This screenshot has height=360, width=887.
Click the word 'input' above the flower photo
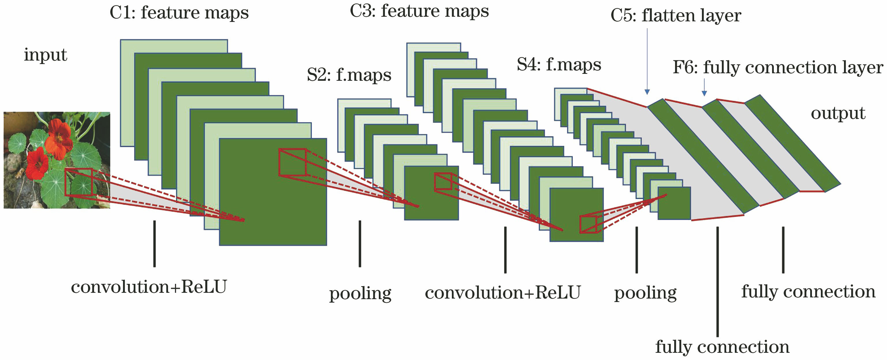point(45,55)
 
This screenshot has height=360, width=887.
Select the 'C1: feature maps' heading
point(179,13)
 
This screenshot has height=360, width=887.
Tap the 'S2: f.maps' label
point(349,75)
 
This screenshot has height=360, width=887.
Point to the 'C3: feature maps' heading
point(419,11)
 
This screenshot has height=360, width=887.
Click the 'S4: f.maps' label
point(559,65)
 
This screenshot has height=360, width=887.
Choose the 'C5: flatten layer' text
point(676,16)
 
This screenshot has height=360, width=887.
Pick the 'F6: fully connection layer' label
point(778,67)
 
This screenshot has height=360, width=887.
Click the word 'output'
point(838,114)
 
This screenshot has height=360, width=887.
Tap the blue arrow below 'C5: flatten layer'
point(647,62)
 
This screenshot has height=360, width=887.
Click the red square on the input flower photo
point(79,182)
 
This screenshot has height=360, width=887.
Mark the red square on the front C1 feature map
point(292,162)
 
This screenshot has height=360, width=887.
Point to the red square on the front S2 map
point(443,181)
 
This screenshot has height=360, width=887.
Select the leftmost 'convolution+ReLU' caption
point(149,287)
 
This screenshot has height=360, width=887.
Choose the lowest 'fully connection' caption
point(722,347)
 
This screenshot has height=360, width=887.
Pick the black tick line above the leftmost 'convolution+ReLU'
point(154,244)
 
